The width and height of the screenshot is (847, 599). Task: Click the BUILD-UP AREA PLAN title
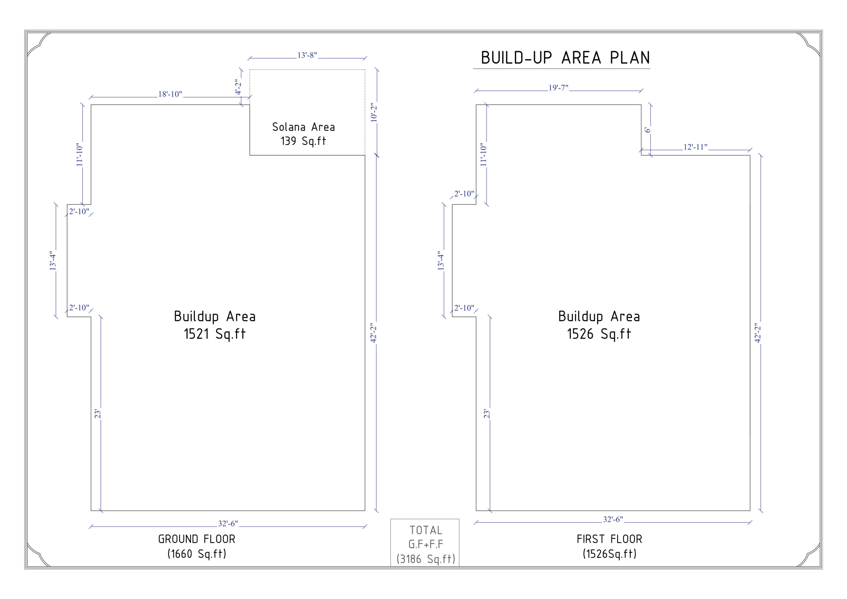(565, 58)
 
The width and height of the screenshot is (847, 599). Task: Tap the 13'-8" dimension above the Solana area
(307, 55)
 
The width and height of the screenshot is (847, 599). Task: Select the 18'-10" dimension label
(170, 94)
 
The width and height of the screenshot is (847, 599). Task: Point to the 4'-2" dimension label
(238, 87)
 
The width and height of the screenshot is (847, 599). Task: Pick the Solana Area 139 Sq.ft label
(303, 134)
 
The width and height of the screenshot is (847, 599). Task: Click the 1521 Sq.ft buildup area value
(215, 334)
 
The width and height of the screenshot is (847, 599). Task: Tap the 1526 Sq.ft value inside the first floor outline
(599, 334)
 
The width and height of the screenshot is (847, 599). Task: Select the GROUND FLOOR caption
(197, 539)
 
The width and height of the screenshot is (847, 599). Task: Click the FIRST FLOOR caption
(609, 539)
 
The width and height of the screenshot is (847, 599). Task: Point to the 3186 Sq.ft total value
(426, 559)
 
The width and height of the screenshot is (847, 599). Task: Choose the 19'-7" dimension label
(558, 88)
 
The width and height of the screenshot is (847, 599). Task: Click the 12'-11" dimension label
(695, 147)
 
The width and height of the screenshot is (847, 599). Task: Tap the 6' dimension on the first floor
(647, 130)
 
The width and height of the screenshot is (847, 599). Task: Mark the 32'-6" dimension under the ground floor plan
(228, 524)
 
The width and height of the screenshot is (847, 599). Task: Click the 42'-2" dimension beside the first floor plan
(758, 333)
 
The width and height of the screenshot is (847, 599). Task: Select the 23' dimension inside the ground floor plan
(97, 414)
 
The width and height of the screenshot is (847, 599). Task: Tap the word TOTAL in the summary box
(426, 531)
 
